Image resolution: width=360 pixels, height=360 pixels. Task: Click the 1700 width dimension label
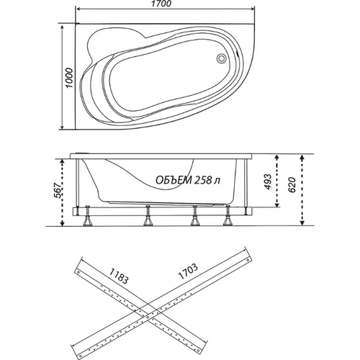pyautogui.click(x=163, y=4)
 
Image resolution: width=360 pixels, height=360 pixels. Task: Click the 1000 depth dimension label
pyautogui.click(x=69, y=78)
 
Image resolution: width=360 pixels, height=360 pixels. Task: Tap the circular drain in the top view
pyautogui.click(x=221, y=58)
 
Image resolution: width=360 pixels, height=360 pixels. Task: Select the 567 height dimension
pyautogui.click(x=58, y=191)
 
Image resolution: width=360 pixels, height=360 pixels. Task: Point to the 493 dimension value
pyautogui.click(x=268, y=181)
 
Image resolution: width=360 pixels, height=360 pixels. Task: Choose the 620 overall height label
pyautogui.click(x=292, y=185)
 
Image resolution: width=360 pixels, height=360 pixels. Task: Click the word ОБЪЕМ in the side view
pyautogui.click(x=174, y=180)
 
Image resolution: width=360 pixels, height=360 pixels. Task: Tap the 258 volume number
pyautogui.click(x=203, y=180)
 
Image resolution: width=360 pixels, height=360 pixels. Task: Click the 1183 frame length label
pyautogui.click(x=120, y=276)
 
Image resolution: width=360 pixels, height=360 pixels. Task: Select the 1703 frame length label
pyautogui.click(x=188, y=271)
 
